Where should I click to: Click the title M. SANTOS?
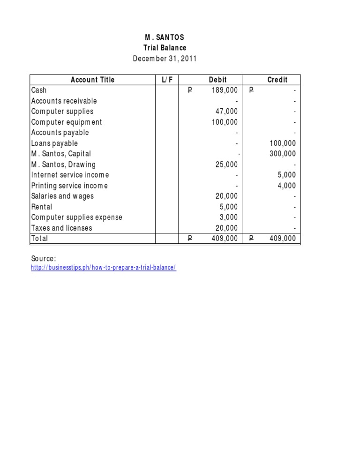coord(165,38)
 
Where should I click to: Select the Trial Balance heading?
coord(165,48)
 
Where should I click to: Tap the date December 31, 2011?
coord(165,59)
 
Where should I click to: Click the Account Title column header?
coord(92,80)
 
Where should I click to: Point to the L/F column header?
coord(167,80)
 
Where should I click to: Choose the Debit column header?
coord(217,80)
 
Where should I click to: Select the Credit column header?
coord(277,80)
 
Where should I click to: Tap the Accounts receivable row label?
coord(64,101)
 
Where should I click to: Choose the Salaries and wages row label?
coord(62,196)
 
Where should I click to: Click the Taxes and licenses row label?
coord(62,228)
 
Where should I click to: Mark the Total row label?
coord(39,239)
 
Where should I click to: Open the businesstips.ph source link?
coord(104,268)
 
